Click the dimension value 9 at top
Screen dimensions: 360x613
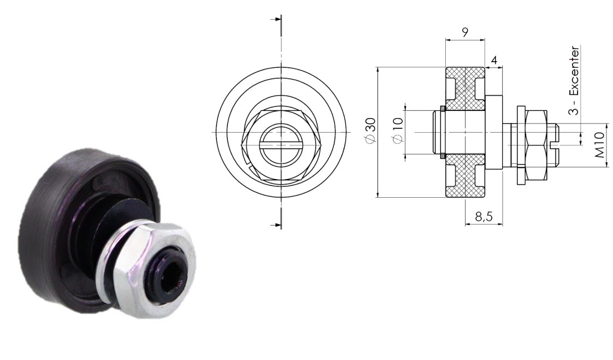click(x=464, y=32)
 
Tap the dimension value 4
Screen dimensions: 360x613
click(x=494, y=60)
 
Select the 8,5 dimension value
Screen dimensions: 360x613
click(x=484, y=217)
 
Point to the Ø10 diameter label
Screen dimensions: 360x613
click(x=397, y=132)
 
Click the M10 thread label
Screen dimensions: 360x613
click(x=600, y=145)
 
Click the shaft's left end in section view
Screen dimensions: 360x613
click(x=436, y=132)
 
